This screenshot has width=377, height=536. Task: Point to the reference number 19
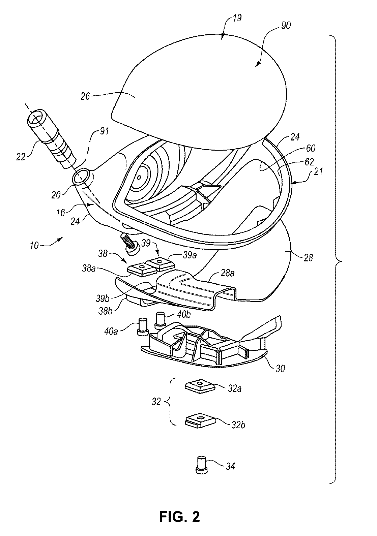click(x=237, y=18)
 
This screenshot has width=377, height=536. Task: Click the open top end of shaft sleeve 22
click(x=36, y=119)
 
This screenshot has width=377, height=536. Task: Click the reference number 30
click(x=280, y=368)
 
